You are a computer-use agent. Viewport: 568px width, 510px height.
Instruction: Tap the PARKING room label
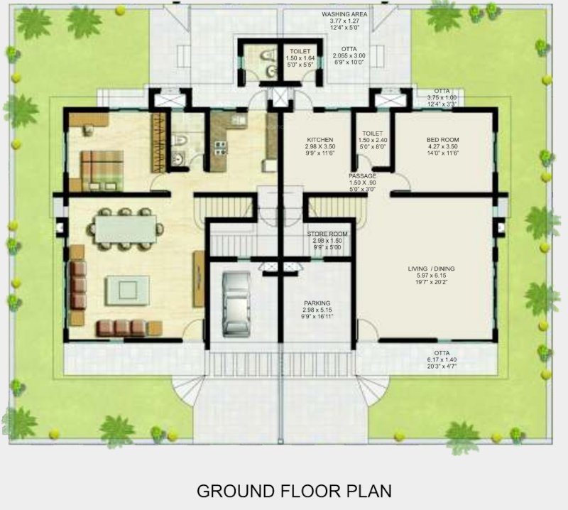click(317, 303)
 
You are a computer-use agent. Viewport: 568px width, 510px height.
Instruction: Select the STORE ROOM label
click(327, 234)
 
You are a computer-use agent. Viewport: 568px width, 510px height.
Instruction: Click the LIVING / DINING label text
click(431, 268)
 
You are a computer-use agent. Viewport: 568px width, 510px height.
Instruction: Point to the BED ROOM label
click(442, 141)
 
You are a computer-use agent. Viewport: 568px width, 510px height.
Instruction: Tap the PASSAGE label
click(362, 175)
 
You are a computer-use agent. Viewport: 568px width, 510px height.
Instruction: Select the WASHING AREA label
click(345, 14)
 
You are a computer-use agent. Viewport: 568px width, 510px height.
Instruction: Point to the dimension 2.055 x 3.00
click(349, 55)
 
